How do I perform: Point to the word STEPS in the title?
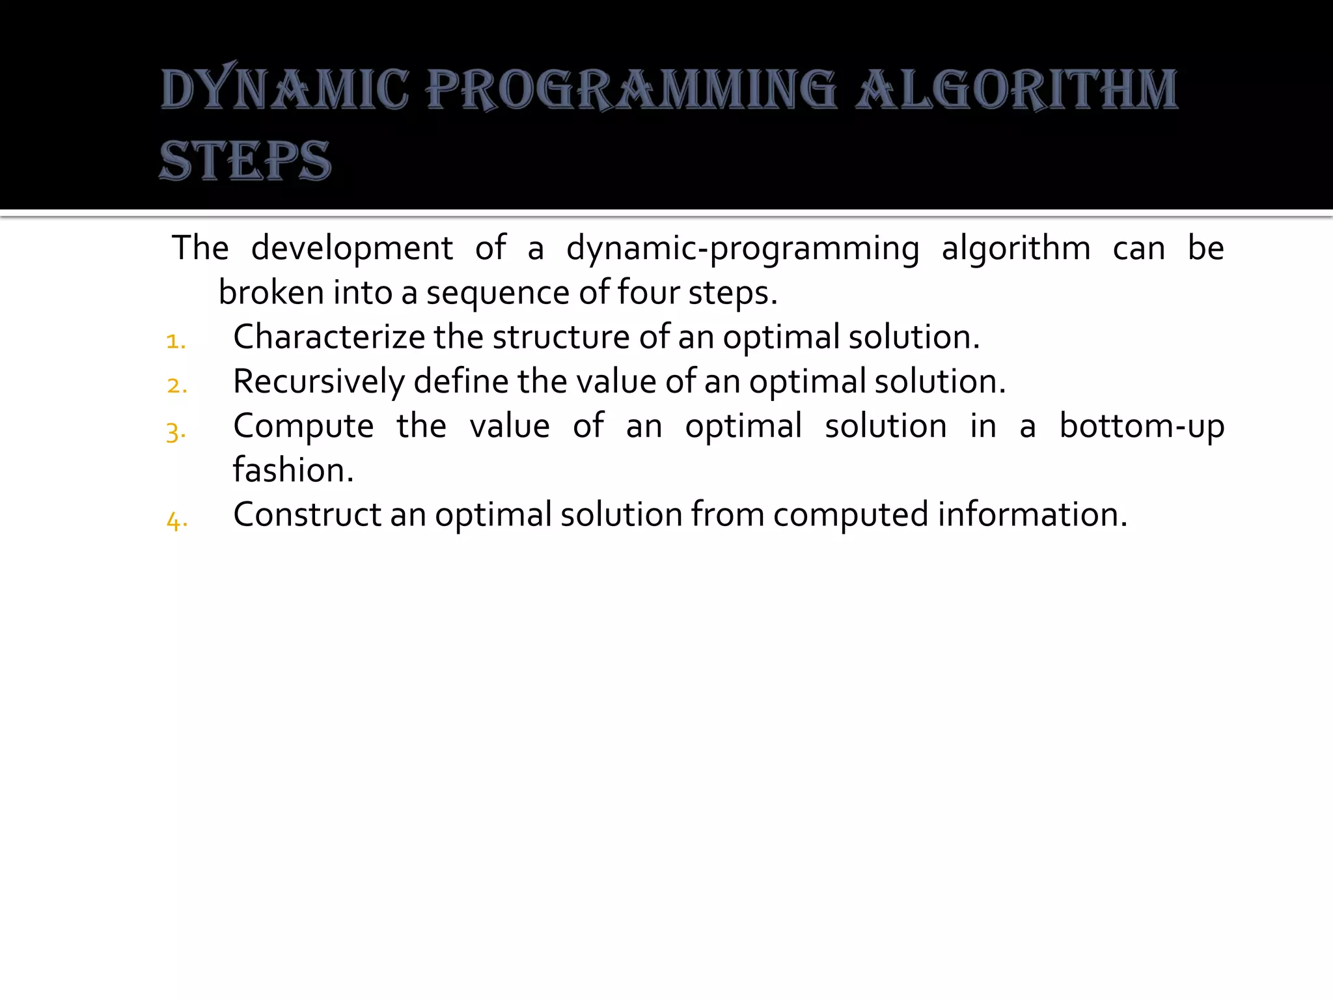coord(245,161)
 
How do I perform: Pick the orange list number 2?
coord(176,385)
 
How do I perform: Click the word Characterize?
coord(329,337)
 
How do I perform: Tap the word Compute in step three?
coord(303,427)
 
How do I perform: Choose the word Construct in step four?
coord(307,514)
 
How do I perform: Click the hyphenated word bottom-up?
coord(1142,427)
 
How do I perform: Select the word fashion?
coord(293,470)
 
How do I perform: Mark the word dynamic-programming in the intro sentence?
coord(743,249)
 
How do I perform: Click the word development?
coord(351,249)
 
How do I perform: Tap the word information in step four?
coord(1032,514)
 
